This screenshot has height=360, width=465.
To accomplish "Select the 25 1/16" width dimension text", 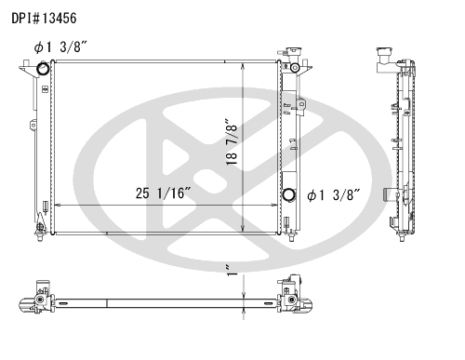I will click(x=164, y=193).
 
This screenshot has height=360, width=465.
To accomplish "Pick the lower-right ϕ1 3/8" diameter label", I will click(x=333, y=194).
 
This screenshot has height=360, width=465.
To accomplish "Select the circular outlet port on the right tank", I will click(x=289, y=194).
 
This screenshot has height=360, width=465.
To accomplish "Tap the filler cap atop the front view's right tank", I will click(x=295, y=56).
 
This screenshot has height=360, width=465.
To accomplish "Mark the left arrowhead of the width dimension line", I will click(x=54, y=205).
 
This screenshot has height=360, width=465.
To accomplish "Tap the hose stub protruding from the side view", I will click(x=406, y=196).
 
